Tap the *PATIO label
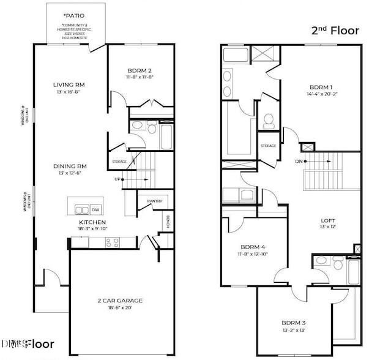click(74, 15)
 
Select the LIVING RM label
click(69, 84)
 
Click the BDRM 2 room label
click(140, 70)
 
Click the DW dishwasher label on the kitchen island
click(95, 209)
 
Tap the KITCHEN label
click(92, 222)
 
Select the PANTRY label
click(154, 201)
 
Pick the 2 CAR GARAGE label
click(120, 300)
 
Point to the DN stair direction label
click(298, 162)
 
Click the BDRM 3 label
click(294, 322)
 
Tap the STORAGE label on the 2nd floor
click(268, 146)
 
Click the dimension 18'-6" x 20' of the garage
click(120, 308)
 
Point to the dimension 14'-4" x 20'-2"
click(322, 95)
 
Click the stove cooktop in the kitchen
click(112, 242)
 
